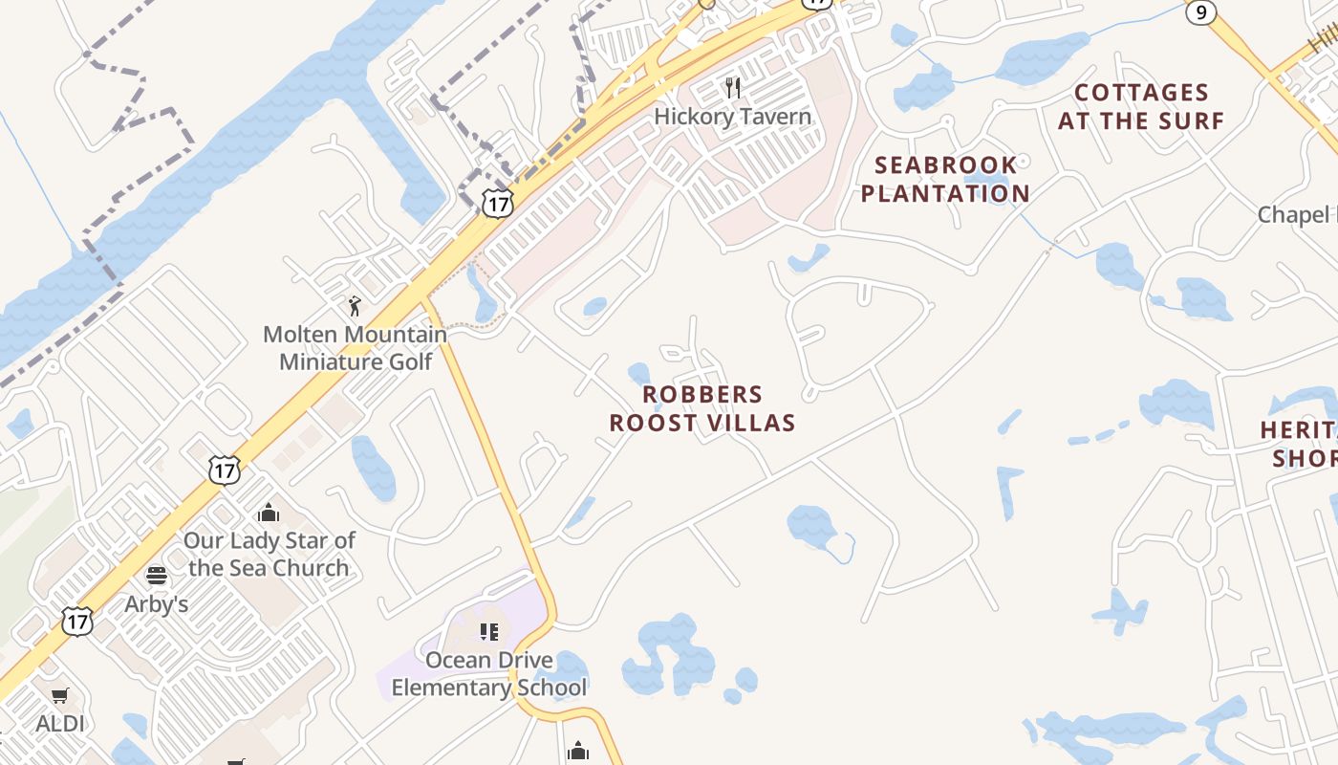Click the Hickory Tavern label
click(732, 117)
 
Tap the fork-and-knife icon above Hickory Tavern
click(733, 88)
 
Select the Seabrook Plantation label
click(945, 179)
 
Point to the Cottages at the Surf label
click(1141, 106)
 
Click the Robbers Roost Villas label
click(702, 408)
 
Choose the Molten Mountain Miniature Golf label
click(355, 348)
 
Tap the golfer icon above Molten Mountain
click(356, 306)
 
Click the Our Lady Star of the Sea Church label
click(269, 554)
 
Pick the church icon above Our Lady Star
click(269, 513)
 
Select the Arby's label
click(157, 604)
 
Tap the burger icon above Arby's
click(157, 576)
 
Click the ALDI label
click(60, 724)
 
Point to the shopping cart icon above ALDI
click(60, 695)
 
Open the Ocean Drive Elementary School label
click(488, 673)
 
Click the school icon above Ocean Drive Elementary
click(489, 631)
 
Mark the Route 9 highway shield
click(1201, 11)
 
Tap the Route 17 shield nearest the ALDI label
click(77, 621)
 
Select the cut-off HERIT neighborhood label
click(1299, 444)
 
